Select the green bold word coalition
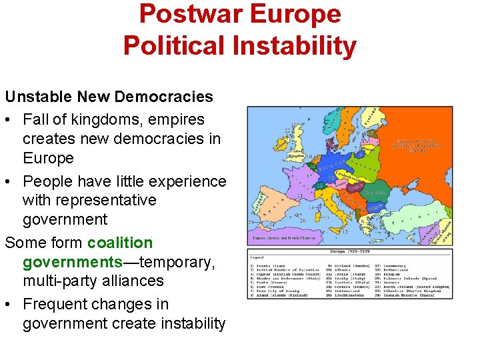pos(120,243)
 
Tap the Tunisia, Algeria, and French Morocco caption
pos(284,238)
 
